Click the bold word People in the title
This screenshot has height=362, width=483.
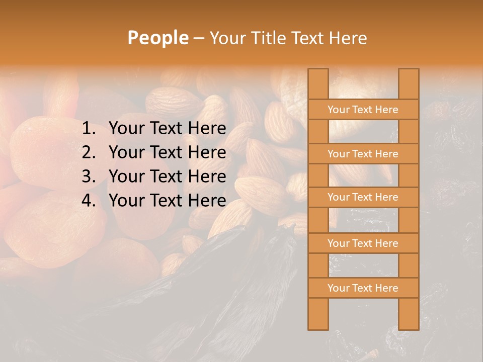[x=157, y=38]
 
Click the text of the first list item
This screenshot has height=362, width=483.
[x=167, y=129]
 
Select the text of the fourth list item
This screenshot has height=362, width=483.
[x=167, y=201]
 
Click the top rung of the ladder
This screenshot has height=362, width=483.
[x=363, y=110]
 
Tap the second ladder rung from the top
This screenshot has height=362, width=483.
[x=363, y=154]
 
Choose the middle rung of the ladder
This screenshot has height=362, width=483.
[x=363, y=198]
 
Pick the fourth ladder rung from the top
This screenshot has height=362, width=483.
[x=363, y=243]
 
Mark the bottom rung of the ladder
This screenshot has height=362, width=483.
[x=363, y=288]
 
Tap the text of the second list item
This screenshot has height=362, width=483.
[x=167, y=152]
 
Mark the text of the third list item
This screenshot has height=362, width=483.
[x=167, y=176]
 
